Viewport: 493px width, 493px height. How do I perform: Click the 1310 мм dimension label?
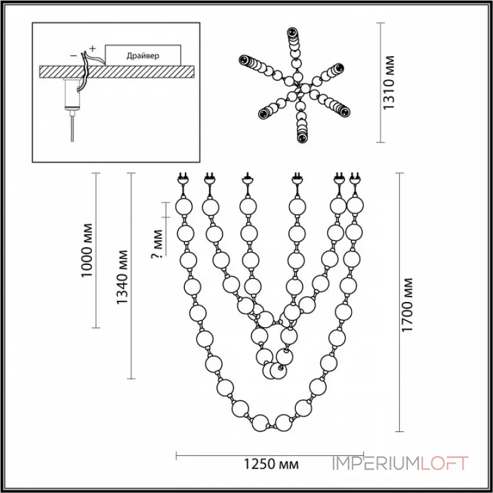pos(388,84)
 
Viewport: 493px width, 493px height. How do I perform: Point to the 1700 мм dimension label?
pos(407,305)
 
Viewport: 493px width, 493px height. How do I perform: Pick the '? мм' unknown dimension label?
pos(158,245)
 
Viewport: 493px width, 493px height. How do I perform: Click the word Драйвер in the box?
pos(142,55)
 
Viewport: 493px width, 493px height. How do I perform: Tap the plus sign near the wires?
pos(93,47)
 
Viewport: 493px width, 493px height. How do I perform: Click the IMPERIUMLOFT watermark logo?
pos(401,463)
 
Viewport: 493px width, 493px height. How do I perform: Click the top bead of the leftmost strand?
pos(184,205)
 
